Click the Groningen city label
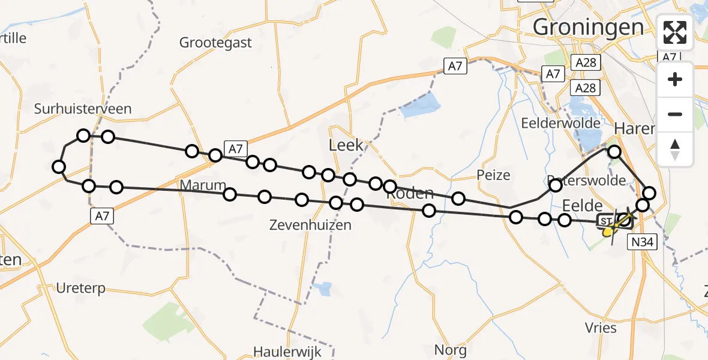click(588, 27)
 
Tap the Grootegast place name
click(215, 43)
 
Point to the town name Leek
click(346, 145)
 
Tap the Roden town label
click(410, 193)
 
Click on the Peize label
click(493, 175)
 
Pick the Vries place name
click(601, 328)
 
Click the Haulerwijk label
click(287, 352)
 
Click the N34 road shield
click(643, 242)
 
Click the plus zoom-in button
click(675, 79)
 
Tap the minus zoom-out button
click(675, 114)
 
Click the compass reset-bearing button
click(675, 149)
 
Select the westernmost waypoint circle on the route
click(58, 167)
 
